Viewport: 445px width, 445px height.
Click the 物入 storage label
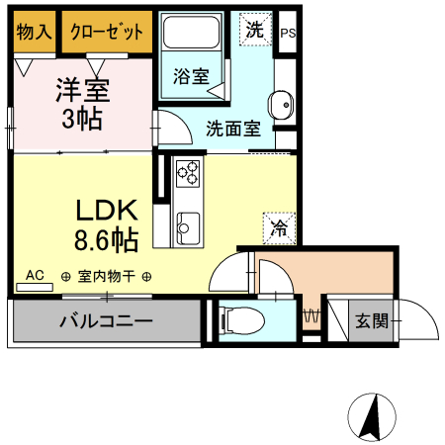tap(34, 32)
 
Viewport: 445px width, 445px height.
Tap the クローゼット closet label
tap(107, 32)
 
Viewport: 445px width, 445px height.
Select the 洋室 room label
tap(81, 92)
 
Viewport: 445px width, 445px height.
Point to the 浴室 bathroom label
tap(191, 76)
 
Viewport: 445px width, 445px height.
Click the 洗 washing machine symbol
tap(255, 30)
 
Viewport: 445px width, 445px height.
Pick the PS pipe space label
tap(288, 33)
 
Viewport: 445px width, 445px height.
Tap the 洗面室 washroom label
tap(233, 128)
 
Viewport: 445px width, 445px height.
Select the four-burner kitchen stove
tap(188, 173)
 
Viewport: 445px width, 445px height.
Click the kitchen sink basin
tap(186, 232)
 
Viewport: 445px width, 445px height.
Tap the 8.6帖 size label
tap(106, 238)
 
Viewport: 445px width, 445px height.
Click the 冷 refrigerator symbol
tap(279, 228)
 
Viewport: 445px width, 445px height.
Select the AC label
tap(35, 275)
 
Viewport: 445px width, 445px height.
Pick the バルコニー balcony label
tap(104, 320)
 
